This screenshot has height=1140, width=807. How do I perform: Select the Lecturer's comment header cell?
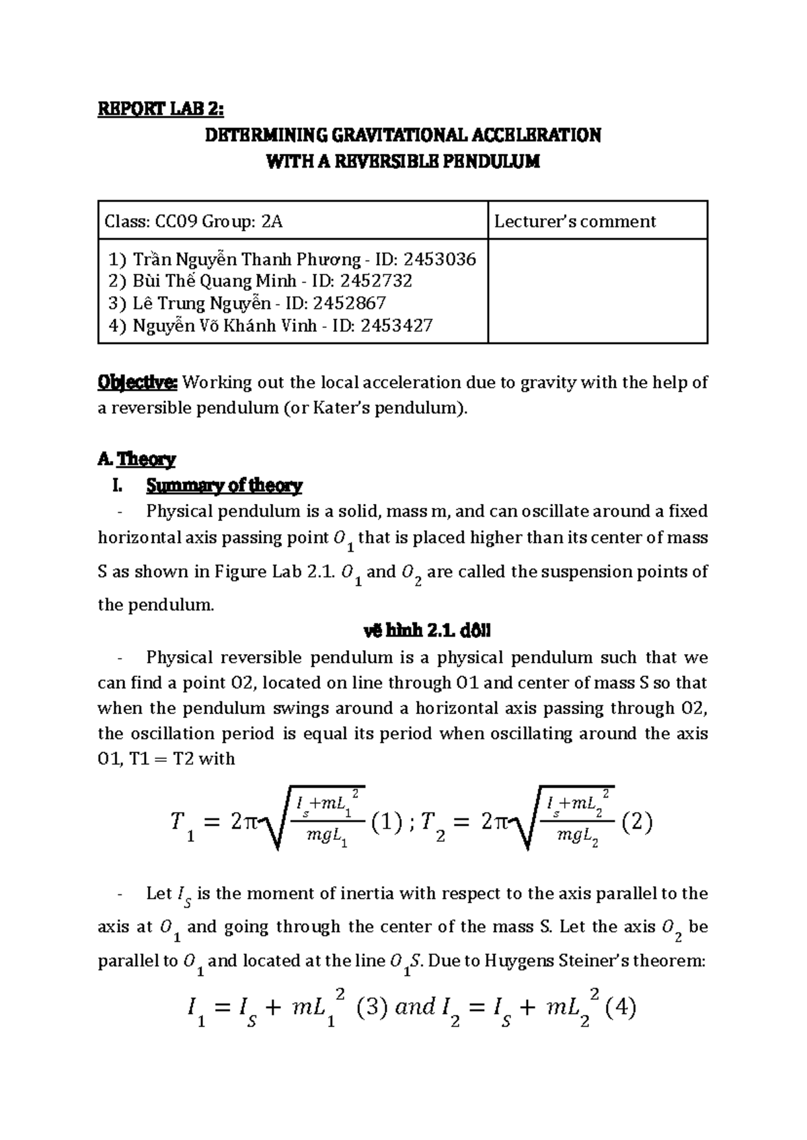tap(575, 221)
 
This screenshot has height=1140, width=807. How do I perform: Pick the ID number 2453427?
tap(396, 326)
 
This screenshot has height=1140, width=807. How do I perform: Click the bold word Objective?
tap(137, 383)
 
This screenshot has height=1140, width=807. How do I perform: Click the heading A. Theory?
tap(137, 460)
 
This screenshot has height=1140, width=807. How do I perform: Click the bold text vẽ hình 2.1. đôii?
tap(427, 631)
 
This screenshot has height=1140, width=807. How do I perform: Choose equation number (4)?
tap(619, 1007)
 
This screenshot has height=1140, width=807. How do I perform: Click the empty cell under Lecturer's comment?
tap(597, 291)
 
